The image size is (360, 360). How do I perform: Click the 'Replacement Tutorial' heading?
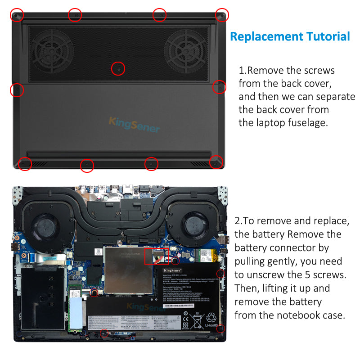click(290, 36)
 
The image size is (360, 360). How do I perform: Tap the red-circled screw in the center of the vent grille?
click(118, 68)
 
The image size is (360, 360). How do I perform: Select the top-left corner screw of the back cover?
click(17, 15)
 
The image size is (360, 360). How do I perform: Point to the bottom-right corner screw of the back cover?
click(216, 162)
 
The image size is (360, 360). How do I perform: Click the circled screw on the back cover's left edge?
click(17, 90)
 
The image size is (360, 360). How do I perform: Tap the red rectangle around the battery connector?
click(157, 255)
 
